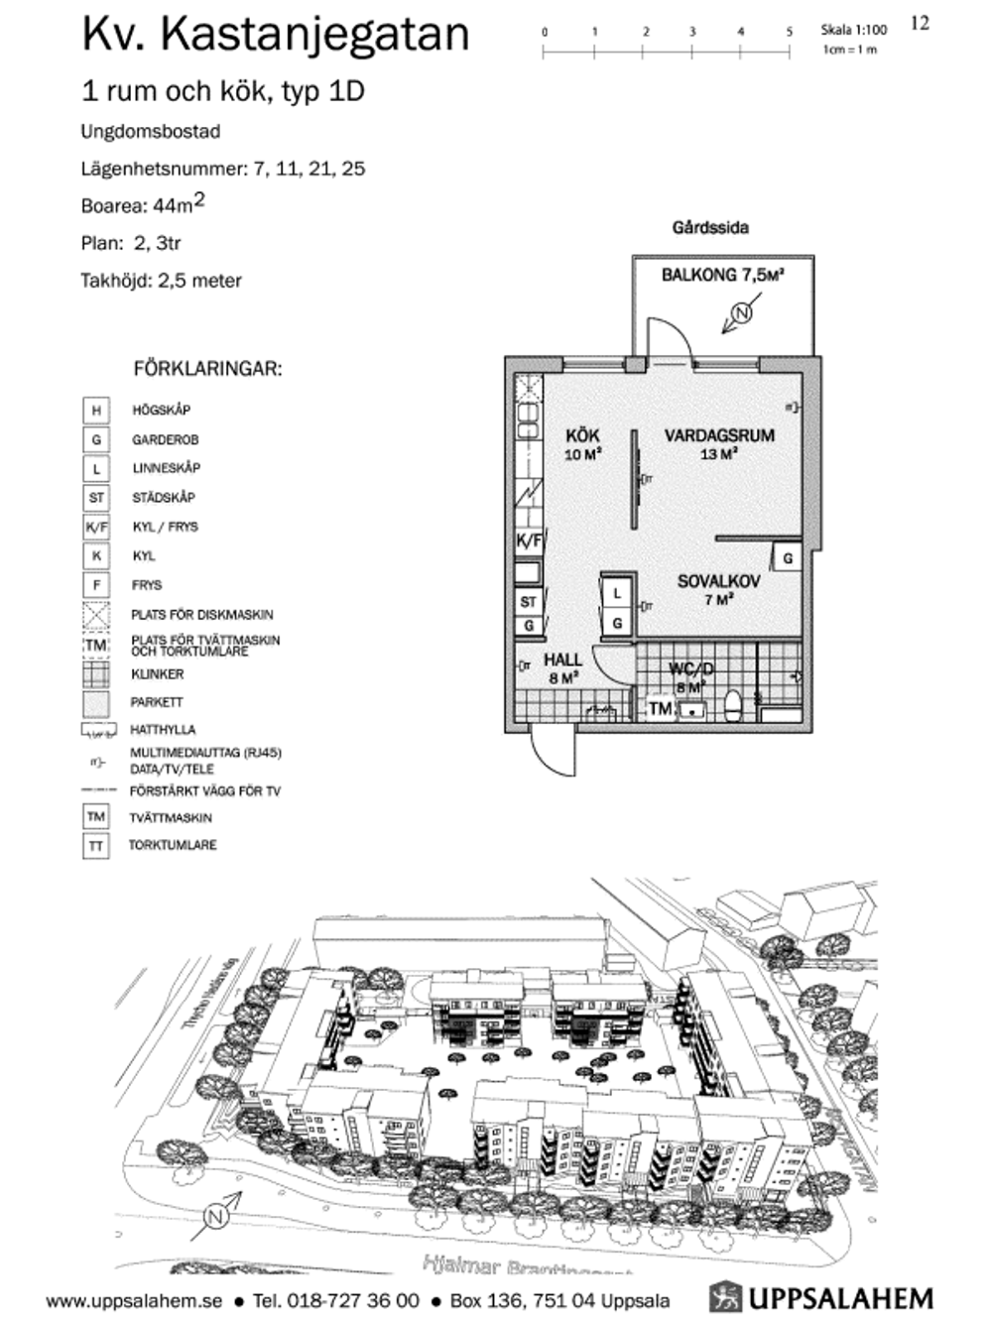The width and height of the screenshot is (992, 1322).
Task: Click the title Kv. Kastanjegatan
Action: [275, 34]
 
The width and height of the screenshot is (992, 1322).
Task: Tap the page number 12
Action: [920, 23]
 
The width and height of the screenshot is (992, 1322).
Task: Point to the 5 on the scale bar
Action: [790, 32]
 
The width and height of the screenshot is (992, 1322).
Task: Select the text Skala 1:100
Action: [853, 31]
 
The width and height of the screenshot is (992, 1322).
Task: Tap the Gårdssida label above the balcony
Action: [710, 228]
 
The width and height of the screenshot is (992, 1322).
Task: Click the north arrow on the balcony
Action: [739, 316]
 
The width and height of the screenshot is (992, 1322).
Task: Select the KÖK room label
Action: [582, 435]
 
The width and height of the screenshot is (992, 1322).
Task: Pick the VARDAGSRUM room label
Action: [719, 435]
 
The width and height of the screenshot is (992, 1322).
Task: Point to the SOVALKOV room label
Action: [718, 581]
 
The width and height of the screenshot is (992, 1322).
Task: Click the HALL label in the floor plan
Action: [562, 660]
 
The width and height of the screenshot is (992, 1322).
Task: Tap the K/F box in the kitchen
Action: [529, 541]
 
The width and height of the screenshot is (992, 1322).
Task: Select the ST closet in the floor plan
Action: [528, 601]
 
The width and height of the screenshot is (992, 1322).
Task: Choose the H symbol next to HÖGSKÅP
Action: [96, 411]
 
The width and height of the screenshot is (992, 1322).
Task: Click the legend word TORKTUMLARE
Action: [173, 845]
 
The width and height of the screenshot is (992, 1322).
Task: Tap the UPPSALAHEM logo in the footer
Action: [822, 1297]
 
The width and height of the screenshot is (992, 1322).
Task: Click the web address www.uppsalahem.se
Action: [134, 1300]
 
